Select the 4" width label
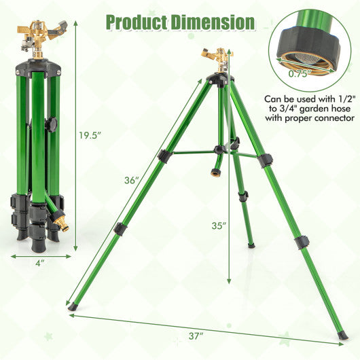[41, 262]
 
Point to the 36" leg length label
[132, 181]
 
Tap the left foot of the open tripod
[72, 306]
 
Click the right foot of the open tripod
[343, 335]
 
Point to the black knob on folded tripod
[50, 124]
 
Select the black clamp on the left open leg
[120, 229]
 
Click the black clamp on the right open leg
[302, 242]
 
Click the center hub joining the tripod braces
[219, 149]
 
